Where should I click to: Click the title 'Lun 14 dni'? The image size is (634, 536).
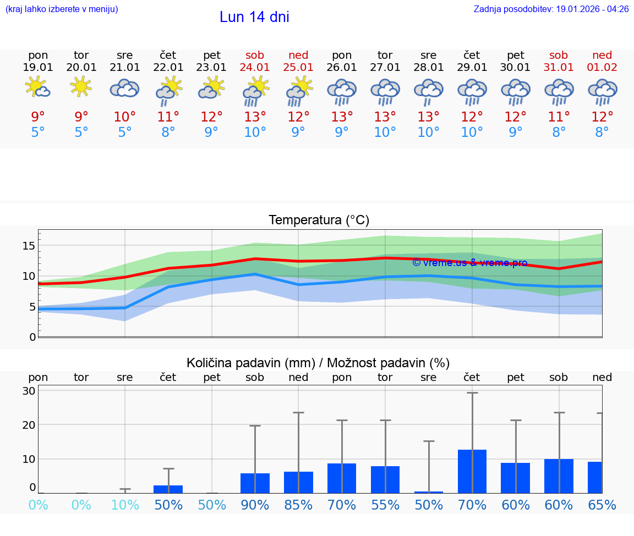point(254,17)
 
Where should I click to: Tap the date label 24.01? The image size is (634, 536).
point(255,67)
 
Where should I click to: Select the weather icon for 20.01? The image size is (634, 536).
point(81,87)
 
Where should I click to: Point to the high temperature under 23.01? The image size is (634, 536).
point(212,117)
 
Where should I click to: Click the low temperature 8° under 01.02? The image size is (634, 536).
point(602,132)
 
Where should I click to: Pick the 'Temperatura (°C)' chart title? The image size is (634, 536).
point(319,220)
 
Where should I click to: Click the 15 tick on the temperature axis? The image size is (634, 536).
point(29,246)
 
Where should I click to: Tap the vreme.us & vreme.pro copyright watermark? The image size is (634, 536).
point(469,263)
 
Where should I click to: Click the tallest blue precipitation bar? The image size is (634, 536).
point(472,471)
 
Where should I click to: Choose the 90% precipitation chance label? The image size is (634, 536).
point(255,505)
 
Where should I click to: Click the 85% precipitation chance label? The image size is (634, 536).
point(298,505)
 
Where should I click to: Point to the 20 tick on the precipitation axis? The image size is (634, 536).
point(29,425)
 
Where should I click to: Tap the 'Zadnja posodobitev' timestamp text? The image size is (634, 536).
point(551,9)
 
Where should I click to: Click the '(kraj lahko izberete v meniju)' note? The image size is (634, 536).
point(62,9)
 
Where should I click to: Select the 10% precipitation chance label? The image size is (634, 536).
point(125,505)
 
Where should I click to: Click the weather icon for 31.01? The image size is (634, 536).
point(559,91)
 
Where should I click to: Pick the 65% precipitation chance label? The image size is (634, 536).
point(602,505)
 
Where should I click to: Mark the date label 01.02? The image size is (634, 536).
point(602,67)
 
